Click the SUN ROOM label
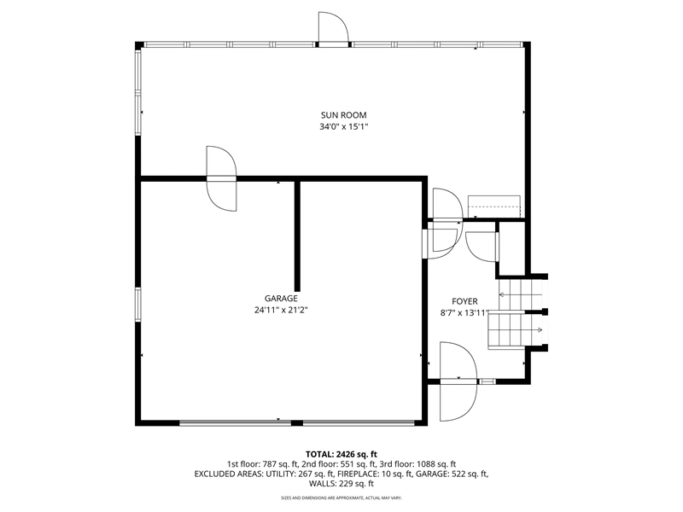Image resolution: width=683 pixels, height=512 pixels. [344, 115]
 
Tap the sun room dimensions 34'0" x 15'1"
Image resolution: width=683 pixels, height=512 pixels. [344, 127]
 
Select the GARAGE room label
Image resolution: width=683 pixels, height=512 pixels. [281, 299]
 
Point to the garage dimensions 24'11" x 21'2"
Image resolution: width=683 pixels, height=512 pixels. [281, 311]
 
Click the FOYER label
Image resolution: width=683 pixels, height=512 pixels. [464, 301]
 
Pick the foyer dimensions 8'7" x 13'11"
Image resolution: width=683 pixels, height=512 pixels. [464, 313]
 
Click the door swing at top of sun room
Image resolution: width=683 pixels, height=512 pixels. [334, 27]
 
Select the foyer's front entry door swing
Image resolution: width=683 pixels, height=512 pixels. [458, 381]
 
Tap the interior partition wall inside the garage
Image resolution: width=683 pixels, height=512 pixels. [297, 236]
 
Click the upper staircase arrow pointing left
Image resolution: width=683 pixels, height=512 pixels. [521, 294]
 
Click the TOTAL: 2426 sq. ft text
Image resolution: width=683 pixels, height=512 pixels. [341, 455]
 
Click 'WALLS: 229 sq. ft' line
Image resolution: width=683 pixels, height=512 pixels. [341, 484]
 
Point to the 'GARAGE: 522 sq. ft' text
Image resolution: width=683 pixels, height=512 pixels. [452, 474]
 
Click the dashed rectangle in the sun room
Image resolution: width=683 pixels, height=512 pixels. [494, 207]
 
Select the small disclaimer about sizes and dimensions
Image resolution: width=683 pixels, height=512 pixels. [341, 497]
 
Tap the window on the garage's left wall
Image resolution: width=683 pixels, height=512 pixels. [138, 305]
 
